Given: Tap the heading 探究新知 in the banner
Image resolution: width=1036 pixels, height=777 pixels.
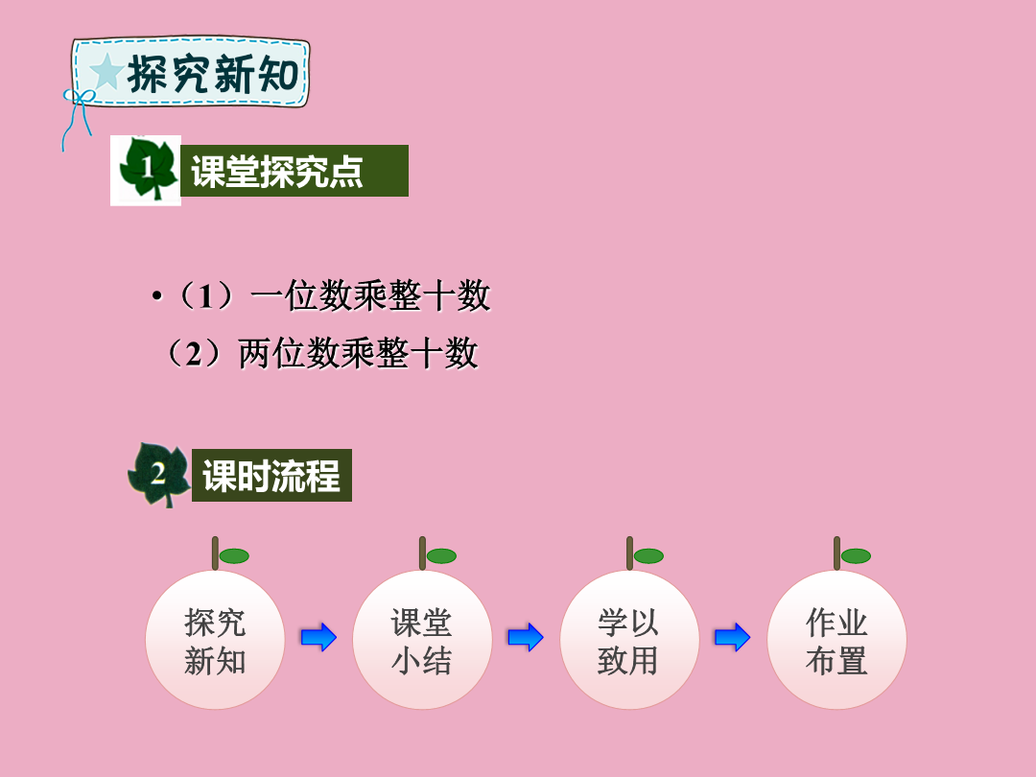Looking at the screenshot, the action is pyautogui.click(x=213, y=73).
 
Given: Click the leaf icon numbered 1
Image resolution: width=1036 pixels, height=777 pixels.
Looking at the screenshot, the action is pyautogui.click(x=147, y=169).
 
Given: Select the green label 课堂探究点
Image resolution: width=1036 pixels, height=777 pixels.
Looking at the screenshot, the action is pyautogui.click(x=294, y=171).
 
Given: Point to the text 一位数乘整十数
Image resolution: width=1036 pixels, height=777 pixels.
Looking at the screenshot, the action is pyautogui.click(x=370, y=295).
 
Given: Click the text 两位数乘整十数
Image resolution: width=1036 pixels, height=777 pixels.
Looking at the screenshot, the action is pyautogui.click(x=358, y=353).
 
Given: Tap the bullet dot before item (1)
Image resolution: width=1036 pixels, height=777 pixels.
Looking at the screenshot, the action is pyautogui.click(x=156, y=295).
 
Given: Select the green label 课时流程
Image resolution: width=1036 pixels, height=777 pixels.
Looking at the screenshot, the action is pyautogui.click(x=271, y=475).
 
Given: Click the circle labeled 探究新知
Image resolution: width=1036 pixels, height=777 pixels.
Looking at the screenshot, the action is pyautogui.click(x=215, y=640).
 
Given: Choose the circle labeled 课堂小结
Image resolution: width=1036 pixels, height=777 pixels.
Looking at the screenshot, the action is pyautogui.click(x=422, y=640).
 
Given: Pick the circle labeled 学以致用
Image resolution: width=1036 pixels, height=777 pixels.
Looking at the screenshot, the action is pyautogui.click(x=629, y=640).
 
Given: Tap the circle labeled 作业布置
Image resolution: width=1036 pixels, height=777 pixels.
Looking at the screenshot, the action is pyautogui.click(x=836, y=640).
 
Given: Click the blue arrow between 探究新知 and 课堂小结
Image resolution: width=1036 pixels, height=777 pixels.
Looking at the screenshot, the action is pyautogui.click(x=318, y=638).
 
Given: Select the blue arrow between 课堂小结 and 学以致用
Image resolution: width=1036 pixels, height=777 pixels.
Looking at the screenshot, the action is pyautogui.click(x=526, y=638).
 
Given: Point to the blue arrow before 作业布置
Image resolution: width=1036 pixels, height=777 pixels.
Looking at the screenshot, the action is pyautogui.click(x=733, y=638).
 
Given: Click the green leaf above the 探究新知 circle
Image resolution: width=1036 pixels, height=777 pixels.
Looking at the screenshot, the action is pyautogui.click(x=234, y=556).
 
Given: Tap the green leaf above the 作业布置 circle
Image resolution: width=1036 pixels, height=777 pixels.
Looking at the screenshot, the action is pyautogui.click(x=856, y=556).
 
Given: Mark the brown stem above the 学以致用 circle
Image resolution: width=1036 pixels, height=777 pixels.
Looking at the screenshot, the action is pyautogui.click(x=629, y=553).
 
